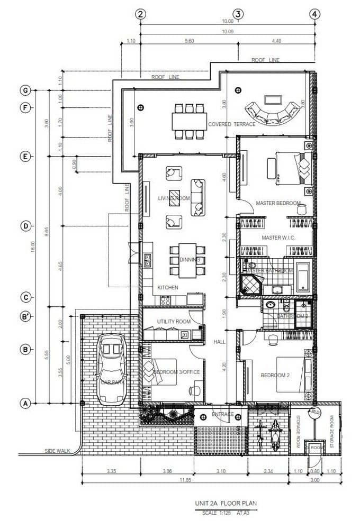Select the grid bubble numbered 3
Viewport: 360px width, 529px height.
pos(238,14)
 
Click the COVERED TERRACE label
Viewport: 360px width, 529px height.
pos(231,124)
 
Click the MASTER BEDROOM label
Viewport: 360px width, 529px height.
pos(278,203)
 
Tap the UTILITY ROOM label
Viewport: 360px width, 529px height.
pos(174,322)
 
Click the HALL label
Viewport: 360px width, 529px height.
pos(219,342)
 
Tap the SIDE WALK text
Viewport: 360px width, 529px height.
pos(58,451)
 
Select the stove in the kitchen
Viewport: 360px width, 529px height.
pos(165,300)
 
